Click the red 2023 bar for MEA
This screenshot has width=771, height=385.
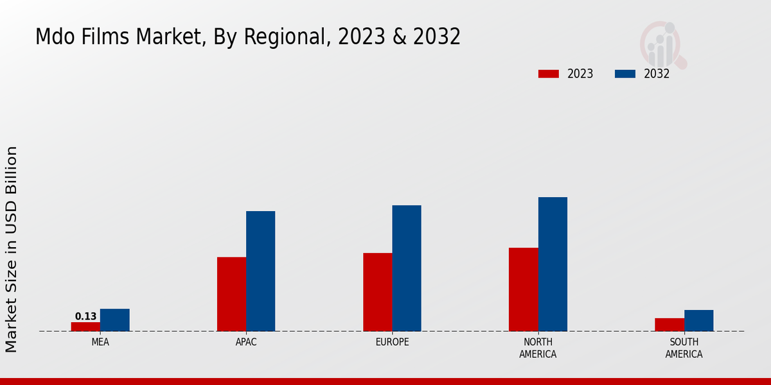(x=85, y=327)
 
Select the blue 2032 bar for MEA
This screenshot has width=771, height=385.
(x=114, y=320)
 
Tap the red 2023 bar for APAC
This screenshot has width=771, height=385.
(x=231, y=294)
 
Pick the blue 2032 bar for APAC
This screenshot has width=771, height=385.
(x=260, y=271)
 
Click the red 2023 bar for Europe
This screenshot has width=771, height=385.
(x=377, y=292)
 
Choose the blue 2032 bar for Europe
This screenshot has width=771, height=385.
(x=407, y=268)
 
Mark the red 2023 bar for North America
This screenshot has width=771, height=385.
(x=523, y=289)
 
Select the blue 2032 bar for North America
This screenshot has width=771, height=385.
(x=553, y=264)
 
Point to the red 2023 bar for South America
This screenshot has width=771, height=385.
(x=669, y=325)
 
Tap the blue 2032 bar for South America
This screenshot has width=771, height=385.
(x=698, y=321)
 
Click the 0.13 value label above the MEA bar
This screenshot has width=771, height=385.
(x=85, y=316)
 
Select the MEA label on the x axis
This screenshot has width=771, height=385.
(x=100, y=342)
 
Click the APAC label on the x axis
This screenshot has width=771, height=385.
(x=246, y=342)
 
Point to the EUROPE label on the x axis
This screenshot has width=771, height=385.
(x=392, y=342)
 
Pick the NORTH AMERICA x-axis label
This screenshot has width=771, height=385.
(x=538, y=348)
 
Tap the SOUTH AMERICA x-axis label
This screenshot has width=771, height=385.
(x=684, y=348)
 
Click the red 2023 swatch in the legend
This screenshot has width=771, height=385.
(x=548, y=74)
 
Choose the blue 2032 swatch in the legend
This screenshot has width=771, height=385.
(x=625, y=74)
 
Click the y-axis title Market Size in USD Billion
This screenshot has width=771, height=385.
(x=12, y=249)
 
